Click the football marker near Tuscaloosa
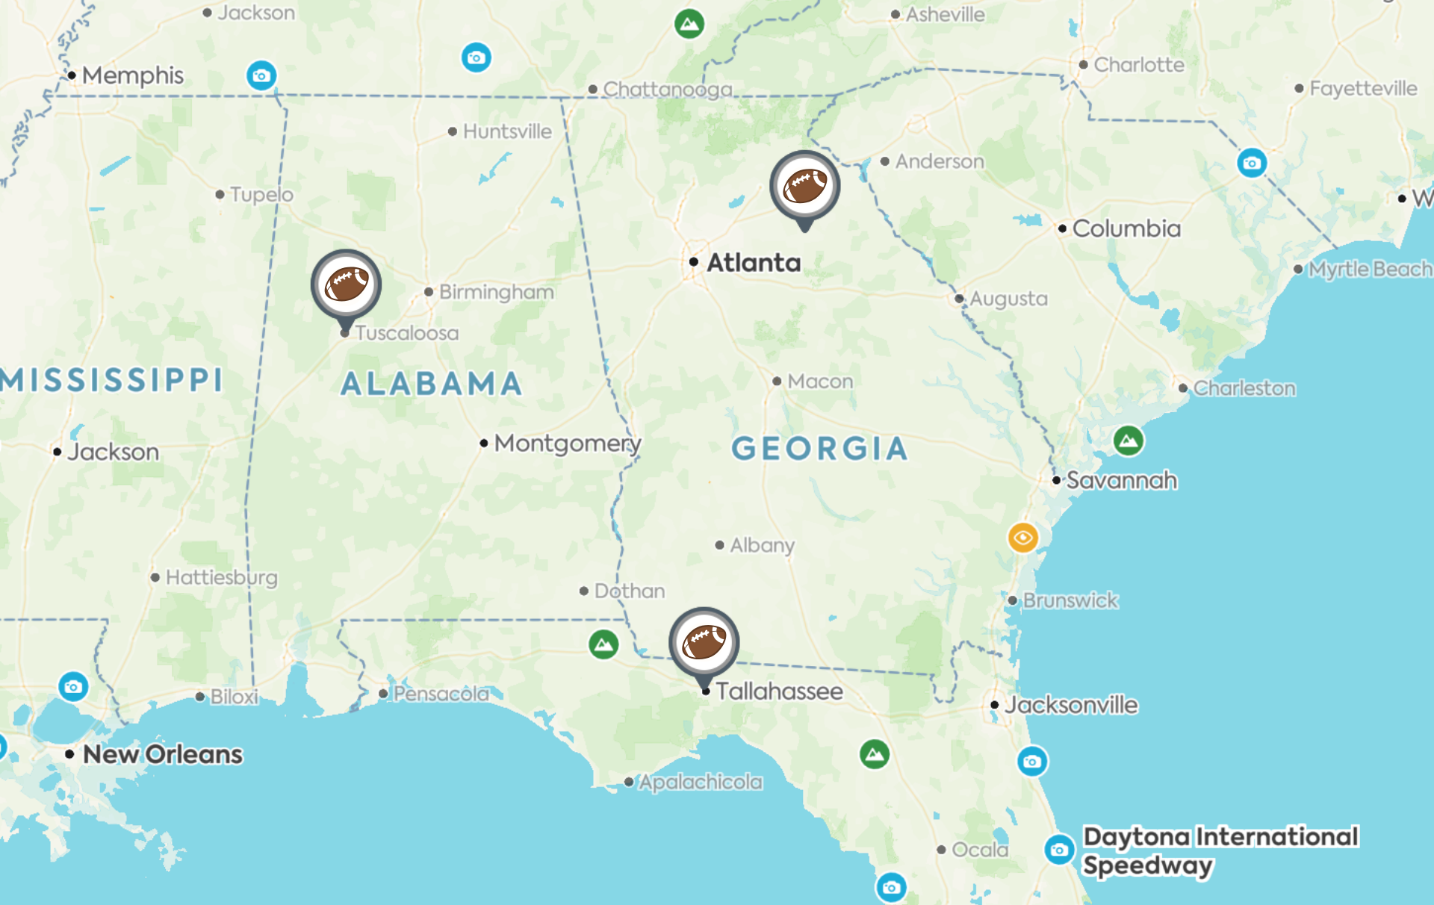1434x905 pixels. [346, 285]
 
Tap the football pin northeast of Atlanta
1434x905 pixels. [804, 187]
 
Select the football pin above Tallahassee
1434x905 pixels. [704, 642]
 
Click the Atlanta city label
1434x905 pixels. [753, 263]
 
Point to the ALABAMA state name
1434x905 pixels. [432, 384]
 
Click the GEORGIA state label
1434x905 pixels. [819, 449]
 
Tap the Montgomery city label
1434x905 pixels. [567, 444]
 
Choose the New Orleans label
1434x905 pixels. [162, 754]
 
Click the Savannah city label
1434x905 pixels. [1121, 480]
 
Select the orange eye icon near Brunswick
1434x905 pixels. [1022, 538]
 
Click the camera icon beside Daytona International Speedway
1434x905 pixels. [1058, 850]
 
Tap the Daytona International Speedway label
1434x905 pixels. [1220, 850]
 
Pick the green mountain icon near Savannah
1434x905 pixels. [1128, 441]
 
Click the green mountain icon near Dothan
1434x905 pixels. [603, 644]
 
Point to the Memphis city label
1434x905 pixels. [132, 75]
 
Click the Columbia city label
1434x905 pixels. [1126, 228]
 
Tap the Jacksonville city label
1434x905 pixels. [1070, 705]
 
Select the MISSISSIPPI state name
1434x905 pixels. [112, 380]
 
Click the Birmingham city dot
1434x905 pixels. [429, 292]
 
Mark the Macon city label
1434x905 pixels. [819, 382]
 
